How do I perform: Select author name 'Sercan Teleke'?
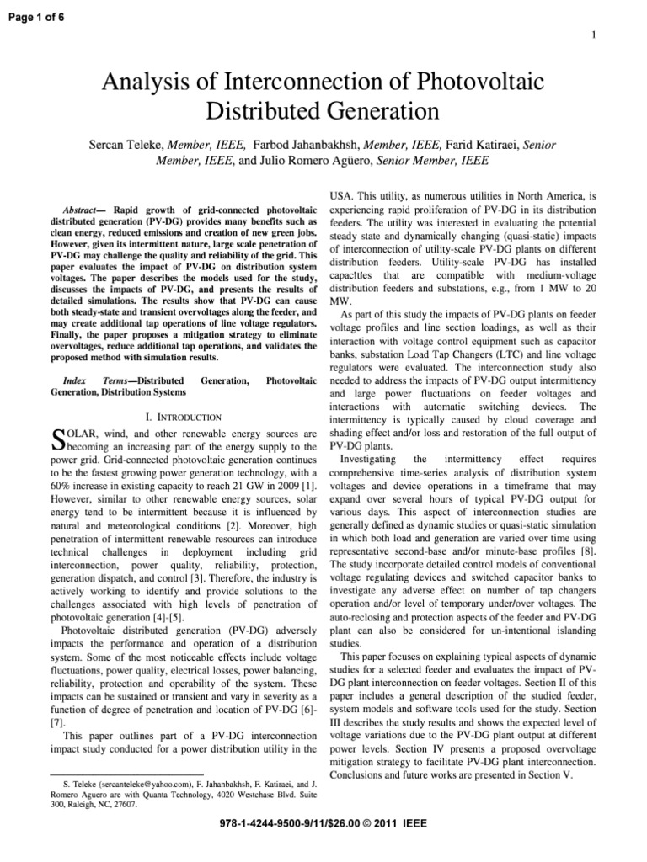[x=133, y=145]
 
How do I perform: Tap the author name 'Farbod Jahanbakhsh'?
[x=302, y=145]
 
